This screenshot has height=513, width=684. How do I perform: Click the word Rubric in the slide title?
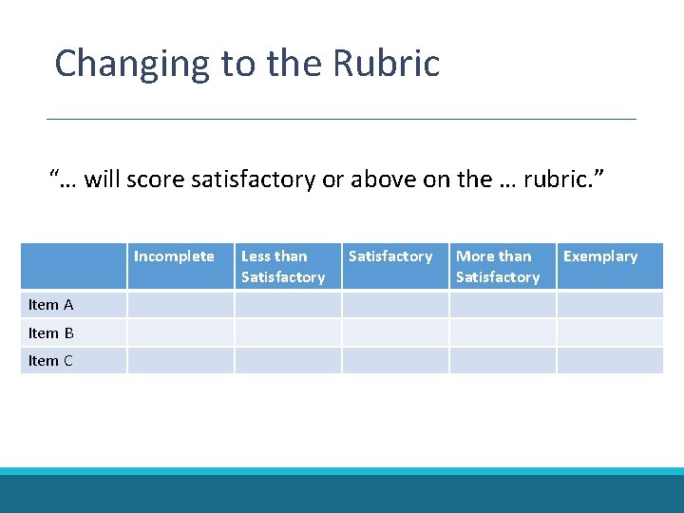(387, 64)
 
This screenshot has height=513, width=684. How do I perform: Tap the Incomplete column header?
(174, 256)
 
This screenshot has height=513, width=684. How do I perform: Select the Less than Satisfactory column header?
(283, 267)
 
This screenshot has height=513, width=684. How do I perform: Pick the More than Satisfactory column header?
(498, 267)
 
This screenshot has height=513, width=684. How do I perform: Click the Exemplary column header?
(600, 256)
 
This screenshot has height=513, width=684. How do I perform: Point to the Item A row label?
(51, 305)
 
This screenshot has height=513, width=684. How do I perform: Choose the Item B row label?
(51, 333)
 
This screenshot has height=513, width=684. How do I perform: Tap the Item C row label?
(51, 361)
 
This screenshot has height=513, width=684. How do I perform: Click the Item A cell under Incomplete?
(180, 305)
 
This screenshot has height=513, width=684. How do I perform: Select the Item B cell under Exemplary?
(610, 332)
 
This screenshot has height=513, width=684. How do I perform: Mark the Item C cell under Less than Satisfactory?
(288, 361)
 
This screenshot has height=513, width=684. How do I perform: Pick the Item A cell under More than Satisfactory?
(503, 305)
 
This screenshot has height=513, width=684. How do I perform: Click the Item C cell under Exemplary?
(610, 361)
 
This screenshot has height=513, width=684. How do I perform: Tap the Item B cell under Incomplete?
(180, 332)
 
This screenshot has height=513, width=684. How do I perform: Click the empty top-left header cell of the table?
(74, 266)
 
